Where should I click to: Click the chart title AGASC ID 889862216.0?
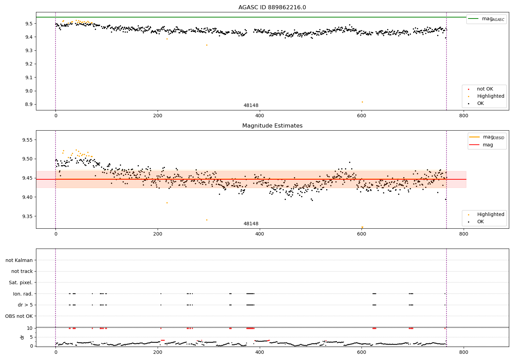[272, 8]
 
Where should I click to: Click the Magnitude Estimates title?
[272, 126]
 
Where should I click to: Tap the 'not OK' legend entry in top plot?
[485, 89]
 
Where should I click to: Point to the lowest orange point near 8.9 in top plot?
[362, 102]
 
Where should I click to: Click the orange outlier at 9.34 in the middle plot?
[207, 220]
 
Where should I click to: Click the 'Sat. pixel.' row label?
[21, 283]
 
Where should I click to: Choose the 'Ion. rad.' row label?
[23, 294]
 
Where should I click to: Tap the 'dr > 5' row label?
[25, 305]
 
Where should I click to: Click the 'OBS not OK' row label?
[19, 316]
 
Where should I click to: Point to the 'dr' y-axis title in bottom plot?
[22, 337]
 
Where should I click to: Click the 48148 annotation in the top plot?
[251, 106]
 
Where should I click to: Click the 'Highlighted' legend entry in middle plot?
[490, 215]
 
